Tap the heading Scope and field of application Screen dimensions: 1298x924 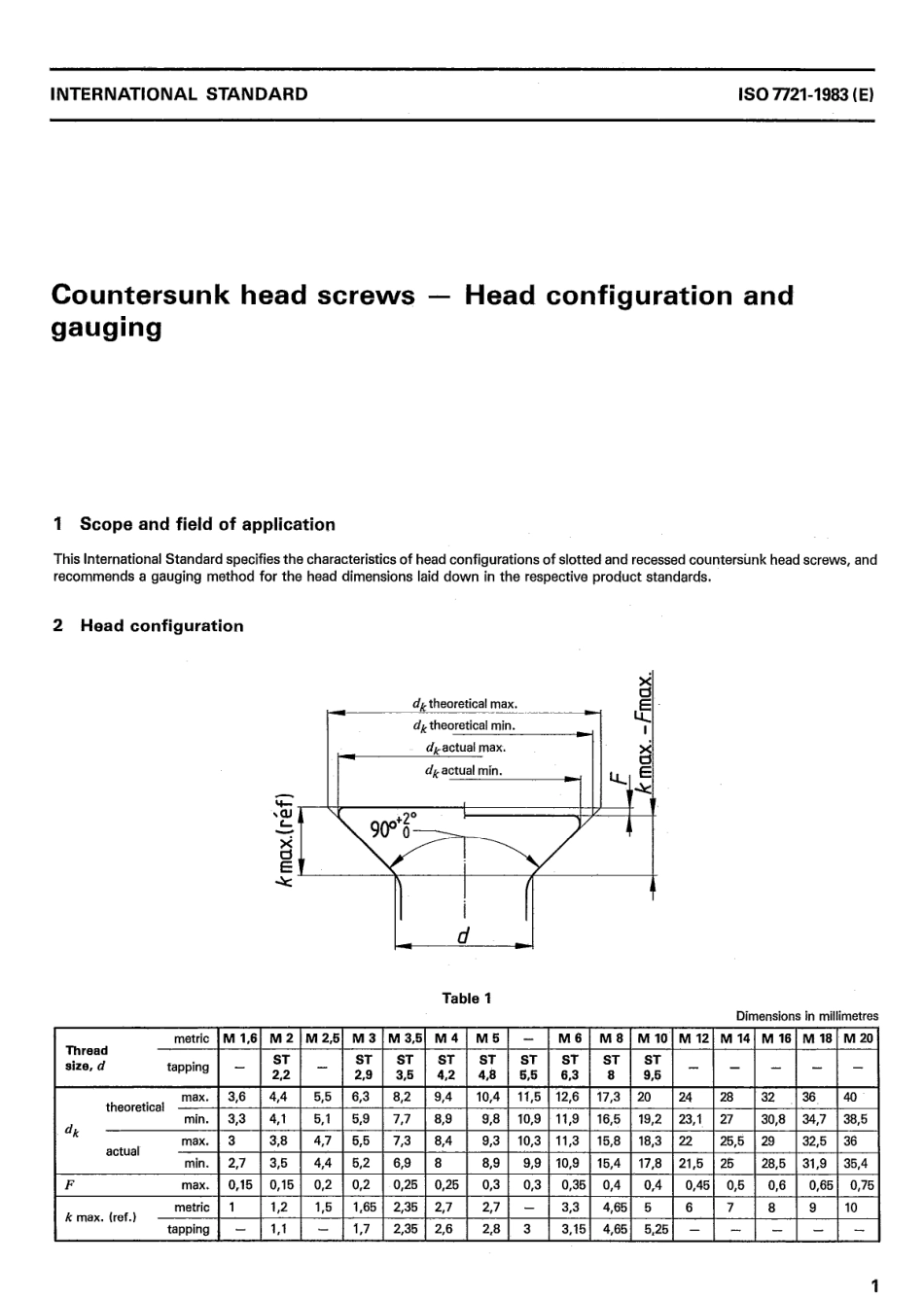[206, 524]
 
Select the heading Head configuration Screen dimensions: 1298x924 [160, 625]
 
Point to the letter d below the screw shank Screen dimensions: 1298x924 [463, 935]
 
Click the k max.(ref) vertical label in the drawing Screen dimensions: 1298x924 [284, 839]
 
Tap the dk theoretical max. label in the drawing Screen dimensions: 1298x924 [464, 704]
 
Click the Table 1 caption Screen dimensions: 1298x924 [467, 998]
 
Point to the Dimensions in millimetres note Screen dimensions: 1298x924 [806, 1015]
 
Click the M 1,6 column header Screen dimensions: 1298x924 [240, 1038]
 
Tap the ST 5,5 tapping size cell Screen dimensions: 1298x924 [528, 1067]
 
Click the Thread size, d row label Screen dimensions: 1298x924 [88, 1057]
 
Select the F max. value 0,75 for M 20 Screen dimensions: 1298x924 [861, 1185]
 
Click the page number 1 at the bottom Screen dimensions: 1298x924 [873, 1285]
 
